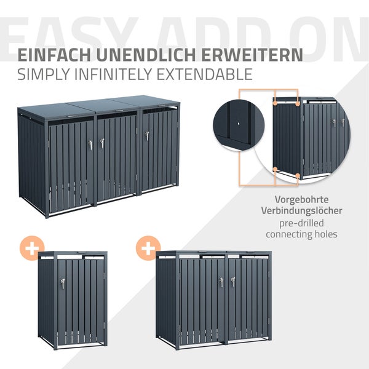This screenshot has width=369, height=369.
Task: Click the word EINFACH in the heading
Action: (54, 55)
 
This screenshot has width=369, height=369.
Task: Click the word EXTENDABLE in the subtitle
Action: (205, 74)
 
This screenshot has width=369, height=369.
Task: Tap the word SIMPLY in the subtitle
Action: (44, 74)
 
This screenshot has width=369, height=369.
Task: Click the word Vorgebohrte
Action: (302, 200)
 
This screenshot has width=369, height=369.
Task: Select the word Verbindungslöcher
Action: (301, 210)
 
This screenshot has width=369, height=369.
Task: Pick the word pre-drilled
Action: (301, 223)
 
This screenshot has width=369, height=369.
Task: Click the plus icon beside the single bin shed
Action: (32, 248)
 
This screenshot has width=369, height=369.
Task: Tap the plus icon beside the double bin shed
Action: (148, 248)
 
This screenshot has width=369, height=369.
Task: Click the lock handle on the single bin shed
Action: (63, 284)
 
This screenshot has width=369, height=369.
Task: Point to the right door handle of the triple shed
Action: (148, 136)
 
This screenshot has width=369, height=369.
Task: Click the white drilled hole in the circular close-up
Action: (239, 123)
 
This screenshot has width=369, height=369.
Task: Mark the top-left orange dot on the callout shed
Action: (275, 103)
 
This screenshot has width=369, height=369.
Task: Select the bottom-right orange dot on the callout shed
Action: (298, 175)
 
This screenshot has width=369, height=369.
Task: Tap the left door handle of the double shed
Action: (221, 282)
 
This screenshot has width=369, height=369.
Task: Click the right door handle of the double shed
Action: (233, 282)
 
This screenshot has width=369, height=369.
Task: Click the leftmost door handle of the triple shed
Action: (90, 145)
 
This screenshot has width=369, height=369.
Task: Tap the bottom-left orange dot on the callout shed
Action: (275, 169)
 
